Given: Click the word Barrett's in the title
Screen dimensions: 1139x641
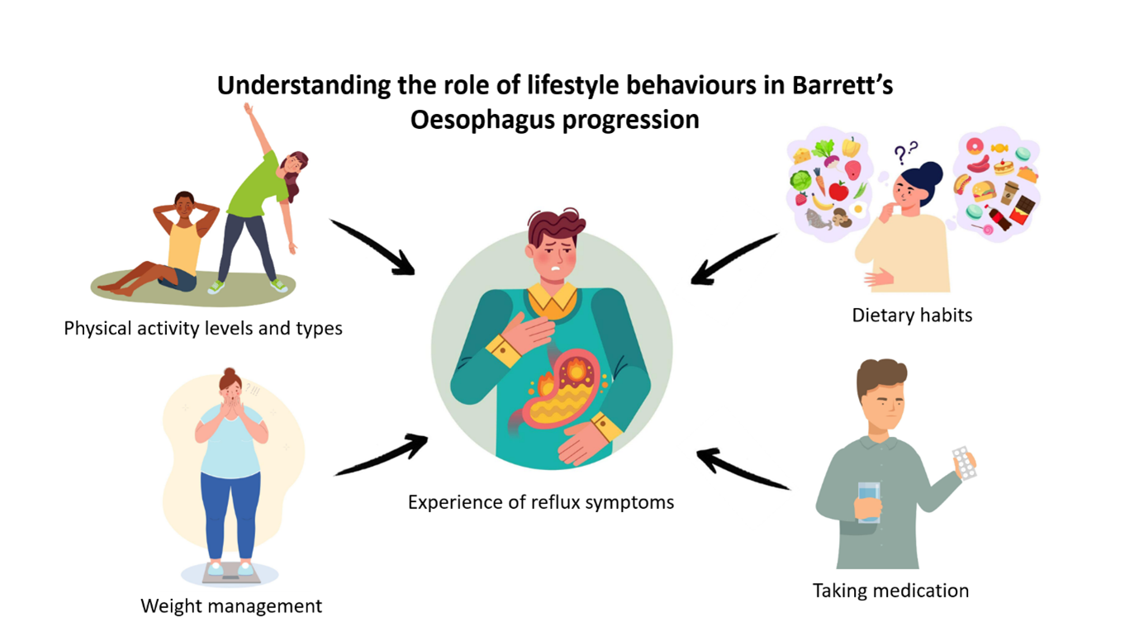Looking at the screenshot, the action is (842, 85).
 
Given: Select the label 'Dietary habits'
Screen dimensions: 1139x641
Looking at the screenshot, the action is (912, 316).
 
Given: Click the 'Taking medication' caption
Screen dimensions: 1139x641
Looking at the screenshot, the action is (890, 591).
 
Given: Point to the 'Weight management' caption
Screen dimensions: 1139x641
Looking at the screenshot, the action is (231, 606).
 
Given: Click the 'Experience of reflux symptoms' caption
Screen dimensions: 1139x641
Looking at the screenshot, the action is (541, 502).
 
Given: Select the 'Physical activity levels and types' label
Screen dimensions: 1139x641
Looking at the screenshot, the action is (203, 329).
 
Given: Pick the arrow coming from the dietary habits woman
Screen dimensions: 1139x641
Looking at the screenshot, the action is (733, 259).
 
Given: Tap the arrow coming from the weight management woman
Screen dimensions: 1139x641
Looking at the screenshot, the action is (381, 455).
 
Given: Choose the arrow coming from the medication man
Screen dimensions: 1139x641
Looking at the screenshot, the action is (743, 468).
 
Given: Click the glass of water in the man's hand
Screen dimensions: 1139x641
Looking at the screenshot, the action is (869, 502).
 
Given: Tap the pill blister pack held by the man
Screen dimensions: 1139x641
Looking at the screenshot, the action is (964, 463).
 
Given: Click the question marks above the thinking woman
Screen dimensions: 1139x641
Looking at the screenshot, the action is (905, 152).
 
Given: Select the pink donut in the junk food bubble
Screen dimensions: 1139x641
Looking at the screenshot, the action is (975, 146).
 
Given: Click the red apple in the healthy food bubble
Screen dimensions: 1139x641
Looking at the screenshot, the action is (838, 191).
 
